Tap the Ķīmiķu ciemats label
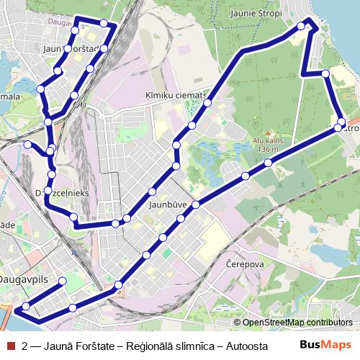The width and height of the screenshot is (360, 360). click(x=175, y=95)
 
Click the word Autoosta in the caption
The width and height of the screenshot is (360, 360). click(x=247, y=346)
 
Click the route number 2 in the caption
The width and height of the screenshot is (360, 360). click(x=25, y=346)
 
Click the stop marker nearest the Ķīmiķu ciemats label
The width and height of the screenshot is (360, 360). click(x=207, y=104)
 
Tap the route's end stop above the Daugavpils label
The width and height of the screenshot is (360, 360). click(x=62, y=281)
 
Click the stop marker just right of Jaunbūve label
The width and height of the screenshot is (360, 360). click(x=195, y=205)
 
